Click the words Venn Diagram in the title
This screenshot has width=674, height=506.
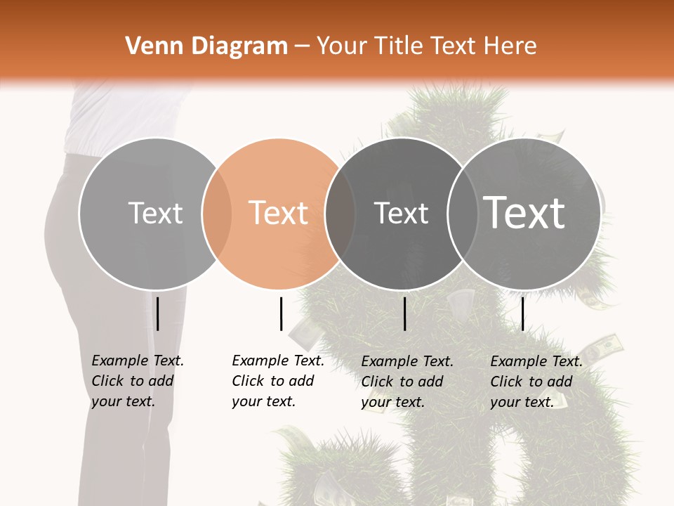point(206,46)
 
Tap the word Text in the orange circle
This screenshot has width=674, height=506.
point(279,213)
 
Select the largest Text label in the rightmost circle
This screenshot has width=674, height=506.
point(524,212)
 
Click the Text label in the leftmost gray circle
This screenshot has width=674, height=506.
point(155,213)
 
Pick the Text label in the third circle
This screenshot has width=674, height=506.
point(401,213)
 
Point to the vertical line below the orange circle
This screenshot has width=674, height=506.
point(281,313)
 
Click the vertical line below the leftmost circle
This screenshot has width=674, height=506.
point(158,313)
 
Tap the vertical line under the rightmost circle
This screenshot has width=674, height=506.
point(522,313)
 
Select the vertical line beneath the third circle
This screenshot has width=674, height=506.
point(405,313)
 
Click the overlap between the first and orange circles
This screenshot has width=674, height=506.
point(217,213)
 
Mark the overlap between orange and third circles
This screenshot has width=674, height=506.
point(340,213)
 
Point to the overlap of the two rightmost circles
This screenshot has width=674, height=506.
point(462,213)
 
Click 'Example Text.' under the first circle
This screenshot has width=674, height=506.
point(138,361)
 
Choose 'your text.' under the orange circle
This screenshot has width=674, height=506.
point(264,401)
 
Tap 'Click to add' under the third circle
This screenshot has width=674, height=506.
point(402,382)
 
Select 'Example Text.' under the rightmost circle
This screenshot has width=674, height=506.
point(536,361)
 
